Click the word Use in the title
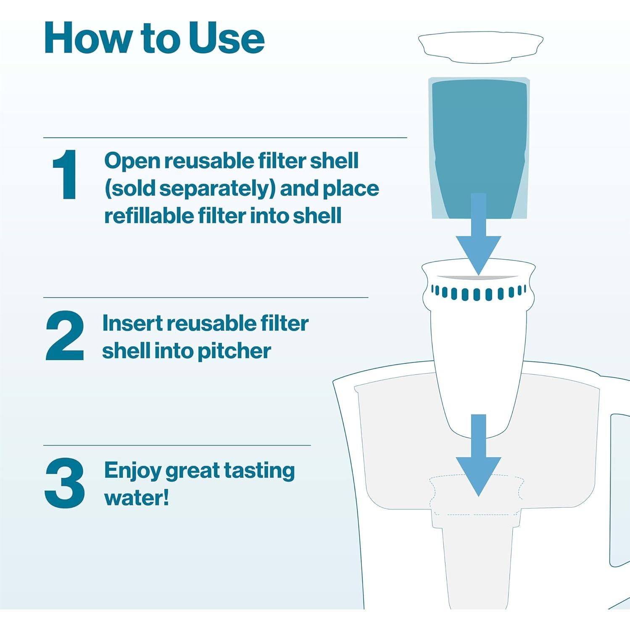226,39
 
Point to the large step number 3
65,483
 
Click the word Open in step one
132,161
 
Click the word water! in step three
136,498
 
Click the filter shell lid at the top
480,47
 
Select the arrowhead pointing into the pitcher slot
478,475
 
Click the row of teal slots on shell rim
478,293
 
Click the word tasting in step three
259,471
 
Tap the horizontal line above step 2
206,298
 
